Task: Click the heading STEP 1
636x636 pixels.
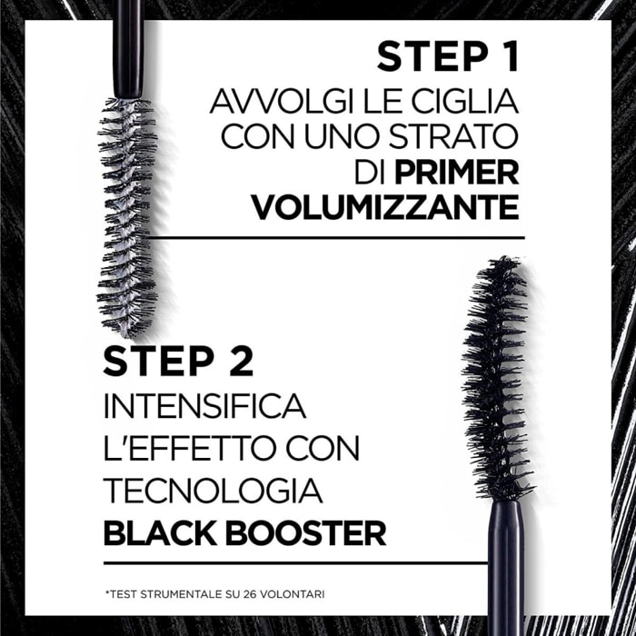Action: coord(447,57)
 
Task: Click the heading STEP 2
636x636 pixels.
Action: coord(177,360)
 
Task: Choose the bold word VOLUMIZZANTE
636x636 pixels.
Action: coord(384,207)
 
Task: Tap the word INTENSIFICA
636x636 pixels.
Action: coord(204,404)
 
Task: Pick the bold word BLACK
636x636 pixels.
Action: coord(160,533)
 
